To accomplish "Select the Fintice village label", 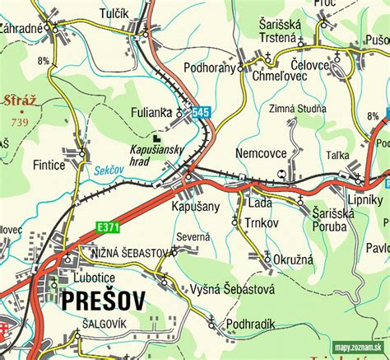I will pyautogui.click(x=49, y=165).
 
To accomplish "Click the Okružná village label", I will pyautogui.click(x=294, y=258).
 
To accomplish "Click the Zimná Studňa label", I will pyautogui.click(x=297, y=108).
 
